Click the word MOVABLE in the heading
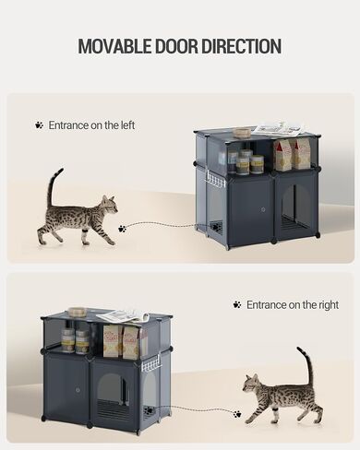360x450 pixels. pyautogui.click(x=114, y=46)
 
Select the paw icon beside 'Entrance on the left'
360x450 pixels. pyautogui.click(x=39, y=125)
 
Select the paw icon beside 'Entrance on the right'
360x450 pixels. pyautogui.click(x=237, y=304)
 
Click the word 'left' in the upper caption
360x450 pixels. pyautogui.click(x=128, y=125)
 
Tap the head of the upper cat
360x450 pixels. pyautogui.click(x=110, y=205)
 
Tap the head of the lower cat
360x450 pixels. pyautogui.click(x=251, y=384)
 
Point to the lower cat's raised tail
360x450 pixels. pyautogui.click(x=306, y=366)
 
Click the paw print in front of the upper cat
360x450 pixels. pyautogui.click(x=122, y=229)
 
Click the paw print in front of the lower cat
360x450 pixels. pyautogui.click(x=237, y=414)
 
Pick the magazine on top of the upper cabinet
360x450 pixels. pyautogui.click(x=280, y=128)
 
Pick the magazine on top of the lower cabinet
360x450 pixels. pyautogui.click(x=123, y=316)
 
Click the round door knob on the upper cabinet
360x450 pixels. pyautogui.click(x=263, y=210)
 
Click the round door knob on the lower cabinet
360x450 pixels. pyautogui.click(x=78, y=390)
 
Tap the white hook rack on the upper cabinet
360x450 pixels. pyautogui.click(x=216, y=180)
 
